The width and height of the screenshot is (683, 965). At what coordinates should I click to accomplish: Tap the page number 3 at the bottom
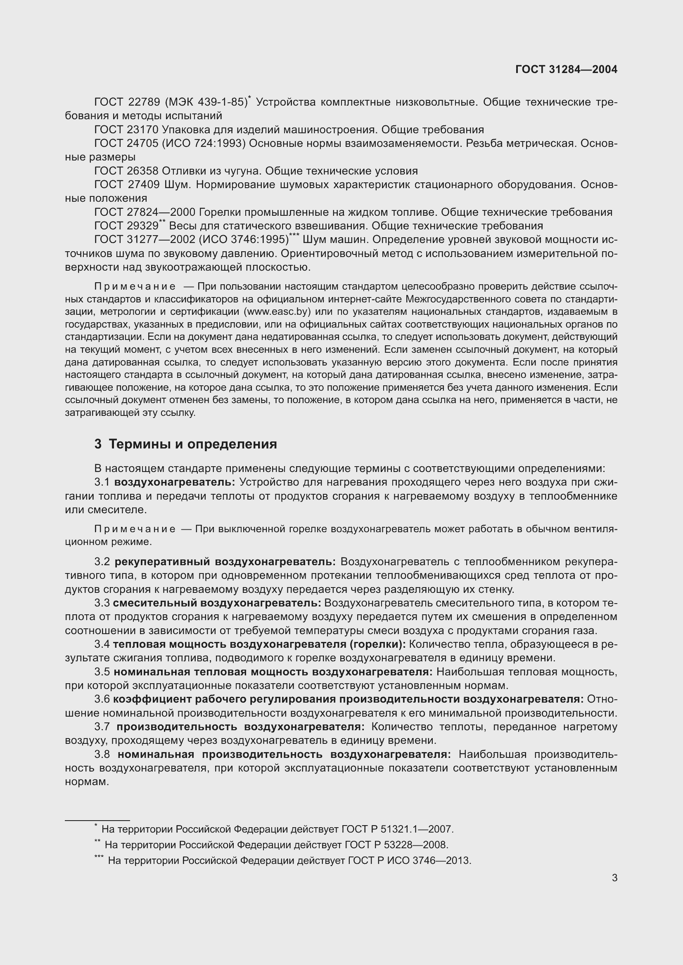[614, 878]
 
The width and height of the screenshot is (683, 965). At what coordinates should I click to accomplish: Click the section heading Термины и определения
[192, 444]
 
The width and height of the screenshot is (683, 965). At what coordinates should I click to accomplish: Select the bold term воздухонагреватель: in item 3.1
[175, 482]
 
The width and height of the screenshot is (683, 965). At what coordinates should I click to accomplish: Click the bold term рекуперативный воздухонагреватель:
[225, 562]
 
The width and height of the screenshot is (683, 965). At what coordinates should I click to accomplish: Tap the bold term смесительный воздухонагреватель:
[217, 603]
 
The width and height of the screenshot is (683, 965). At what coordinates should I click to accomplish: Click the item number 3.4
[102, 644]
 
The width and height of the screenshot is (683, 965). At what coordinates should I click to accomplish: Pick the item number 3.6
[102, 699]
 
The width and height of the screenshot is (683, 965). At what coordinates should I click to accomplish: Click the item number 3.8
[102, 755]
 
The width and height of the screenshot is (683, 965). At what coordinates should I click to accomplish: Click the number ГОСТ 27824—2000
[145, 212]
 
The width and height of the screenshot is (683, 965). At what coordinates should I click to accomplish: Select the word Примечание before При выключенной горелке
[135, 529]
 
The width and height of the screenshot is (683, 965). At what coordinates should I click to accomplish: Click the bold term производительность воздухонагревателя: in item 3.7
[241, 727]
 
